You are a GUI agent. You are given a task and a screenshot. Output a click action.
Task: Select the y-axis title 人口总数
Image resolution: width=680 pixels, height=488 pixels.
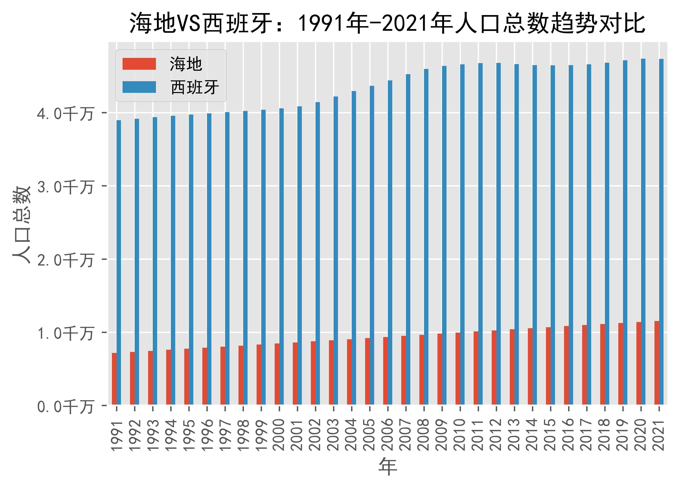click(22, 225)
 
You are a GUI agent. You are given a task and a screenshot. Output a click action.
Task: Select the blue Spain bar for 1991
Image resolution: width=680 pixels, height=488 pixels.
click(119, 262)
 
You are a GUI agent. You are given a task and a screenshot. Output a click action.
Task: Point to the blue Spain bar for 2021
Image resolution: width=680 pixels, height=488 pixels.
click(661, 232)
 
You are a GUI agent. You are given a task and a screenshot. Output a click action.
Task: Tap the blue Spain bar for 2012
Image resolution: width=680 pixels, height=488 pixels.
click(498, 234)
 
